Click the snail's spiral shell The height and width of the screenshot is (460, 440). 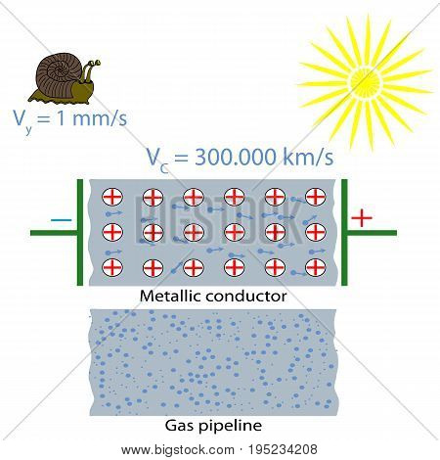pyautogui.click(x=59, y=75)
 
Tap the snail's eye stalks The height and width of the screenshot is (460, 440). pyautogui.click(x=90, y=69)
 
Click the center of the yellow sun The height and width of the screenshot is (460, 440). pyautogui.click(x=365, y=82)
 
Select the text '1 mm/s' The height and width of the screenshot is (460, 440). pyautogui.click(x=92, y=118)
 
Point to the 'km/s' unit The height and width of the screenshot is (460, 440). pyautogui.click(x=308, y=158)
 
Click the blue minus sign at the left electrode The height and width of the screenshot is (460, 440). pyautogui.click(x=61, y=220)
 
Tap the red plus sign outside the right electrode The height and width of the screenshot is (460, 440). pyautogui.click(x=362, y=217)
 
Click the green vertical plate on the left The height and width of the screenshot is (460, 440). pyautogui.click(x=80, y=232)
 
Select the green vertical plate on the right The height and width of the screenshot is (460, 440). pyautogui.click(x=344, y=232)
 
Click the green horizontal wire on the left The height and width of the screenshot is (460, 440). pyautogui.click(x=54, y=233)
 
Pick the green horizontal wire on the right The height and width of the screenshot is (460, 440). pyautogui.click(x=372, y=233)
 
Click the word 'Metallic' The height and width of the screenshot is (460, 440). pyautogui.click(x=170, y=297)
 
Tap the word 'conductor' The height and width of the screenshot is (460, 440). pyautogui.click(x=246, y=297)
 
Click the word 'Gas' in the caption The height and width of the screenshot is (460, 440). pyautogui.click(x=179, y=426)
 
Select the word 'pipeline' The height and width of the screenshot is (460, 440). pyautogui.click(x=230, y=426)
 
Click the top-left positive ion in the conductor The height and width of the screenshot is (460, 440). pyautogui.click(x=112, y=197)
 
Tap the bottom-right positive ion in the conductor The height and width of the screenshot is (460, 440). pyautogui.click(x=316, y=267)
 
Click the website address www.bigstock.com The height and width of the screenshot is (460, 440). pyautogui.click(x=178, y=450)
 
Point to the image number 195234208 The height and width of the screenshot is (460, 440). pyautogui.click(x=283, y=449)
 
